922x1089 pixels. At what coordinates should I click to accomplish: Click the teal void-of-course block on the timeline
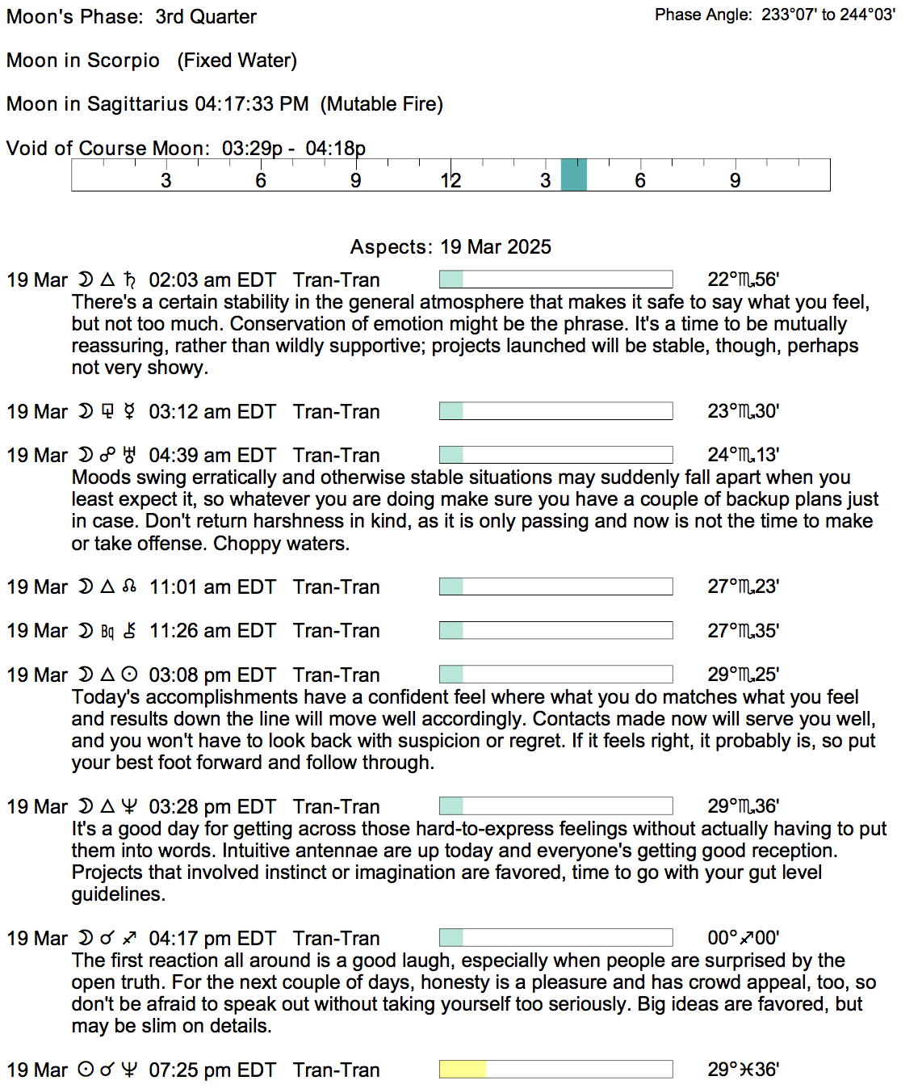(573, 174)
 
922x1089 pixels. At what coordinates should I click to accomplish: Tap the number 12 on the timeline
(451, 181)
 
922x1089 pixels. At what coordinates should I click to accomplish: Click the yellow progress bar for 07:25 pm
(463, 1070)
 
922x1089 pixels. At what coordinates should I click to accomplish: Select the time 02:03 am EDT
(212, 280)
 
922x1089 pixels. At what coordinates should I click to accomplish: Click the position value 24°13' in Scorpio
(743, 456)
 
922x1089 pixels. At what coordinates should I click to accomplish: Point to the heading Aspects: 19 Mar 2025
(451, 247)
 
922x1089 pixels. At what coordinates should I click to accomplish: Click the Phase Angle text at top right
(774, 15)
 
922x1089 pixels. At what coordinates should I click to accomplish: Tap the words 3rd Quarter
(206, 17)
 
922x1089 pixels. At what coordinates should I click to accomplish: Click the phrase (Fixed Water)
(237, 61)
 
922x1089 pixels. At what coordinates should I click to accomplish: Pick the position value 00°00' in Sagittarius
(743, 938)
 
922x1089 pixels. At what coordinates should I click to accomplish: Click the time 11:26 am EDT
(212, 631)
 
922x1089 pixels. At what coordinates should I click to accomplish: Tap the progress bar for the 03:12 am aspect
(555, 411)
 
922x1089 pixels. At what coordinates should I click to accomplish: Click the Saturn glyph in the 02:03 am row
(130, 280)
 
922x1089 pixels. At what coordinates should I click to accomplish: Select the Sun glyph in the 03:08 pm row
(129, 675)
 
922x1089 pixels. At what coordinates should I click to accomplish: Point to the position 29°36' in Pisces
(743, 1070)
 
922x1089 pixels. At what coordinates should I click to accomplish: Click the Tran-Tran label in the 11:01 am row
(336, 587)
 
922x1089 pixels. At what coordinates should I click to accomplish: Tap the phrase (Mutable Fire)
(382, 104)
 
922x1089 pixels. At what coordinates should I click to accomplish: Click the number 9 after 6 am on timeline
(355, 181)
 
